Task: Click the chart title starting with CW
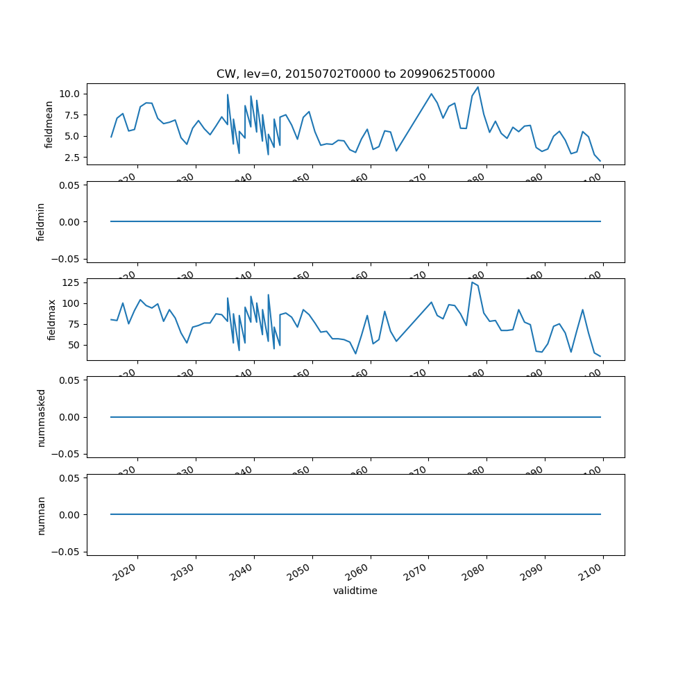click(355, 74)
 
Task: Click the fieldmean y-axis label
click(49, 124)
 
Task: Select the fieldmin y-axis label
click(41, 222)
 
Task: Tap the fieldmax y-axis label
click(51, 319)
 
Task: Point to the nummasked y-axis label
click(41, 417)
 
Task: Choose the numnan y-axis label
click(41, 515)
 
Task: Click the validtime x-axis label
click(355, 591)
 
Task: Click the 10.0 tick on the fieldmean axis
click(71, 94)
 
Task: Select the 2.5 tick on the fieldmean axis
click(74, 158)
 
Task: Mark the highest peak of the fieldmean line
click(477, 87)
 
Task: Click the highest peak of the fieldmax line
click(472, 282)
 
